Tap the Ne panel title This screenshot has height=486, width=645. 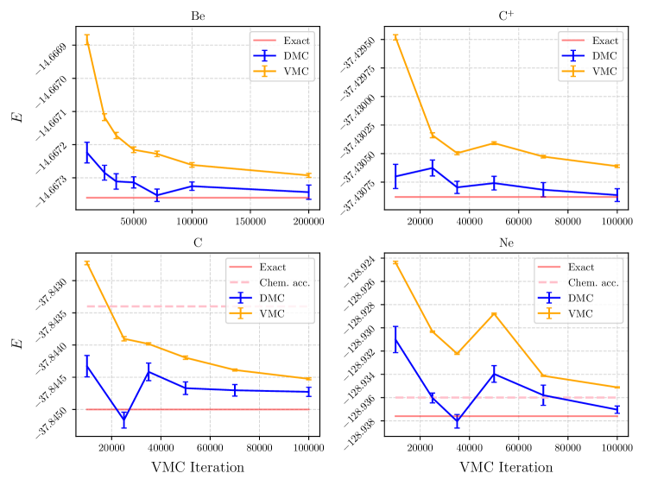[x=506, y=243]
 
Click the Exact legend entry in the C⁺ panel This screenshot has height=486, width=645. [x=604, y=41]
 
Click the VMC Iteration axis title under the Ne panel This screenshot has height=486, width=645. [x=506, y=467]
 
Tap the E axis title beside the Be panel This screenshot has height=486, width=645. [x=17, y=116]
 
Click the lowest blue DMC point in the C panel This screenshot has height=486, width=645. [x=123, y=420]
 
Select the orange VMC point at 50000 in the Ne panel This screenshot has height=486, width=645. [x=494, y=313]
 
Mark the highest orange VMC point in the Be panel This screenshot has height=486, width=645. [x=86, y=39]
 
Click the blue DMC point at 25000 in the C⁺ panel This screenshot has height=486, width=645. [x=433, y=167]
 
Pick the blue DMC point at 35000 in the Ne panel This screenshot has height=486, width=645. [x=457, y=421]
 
